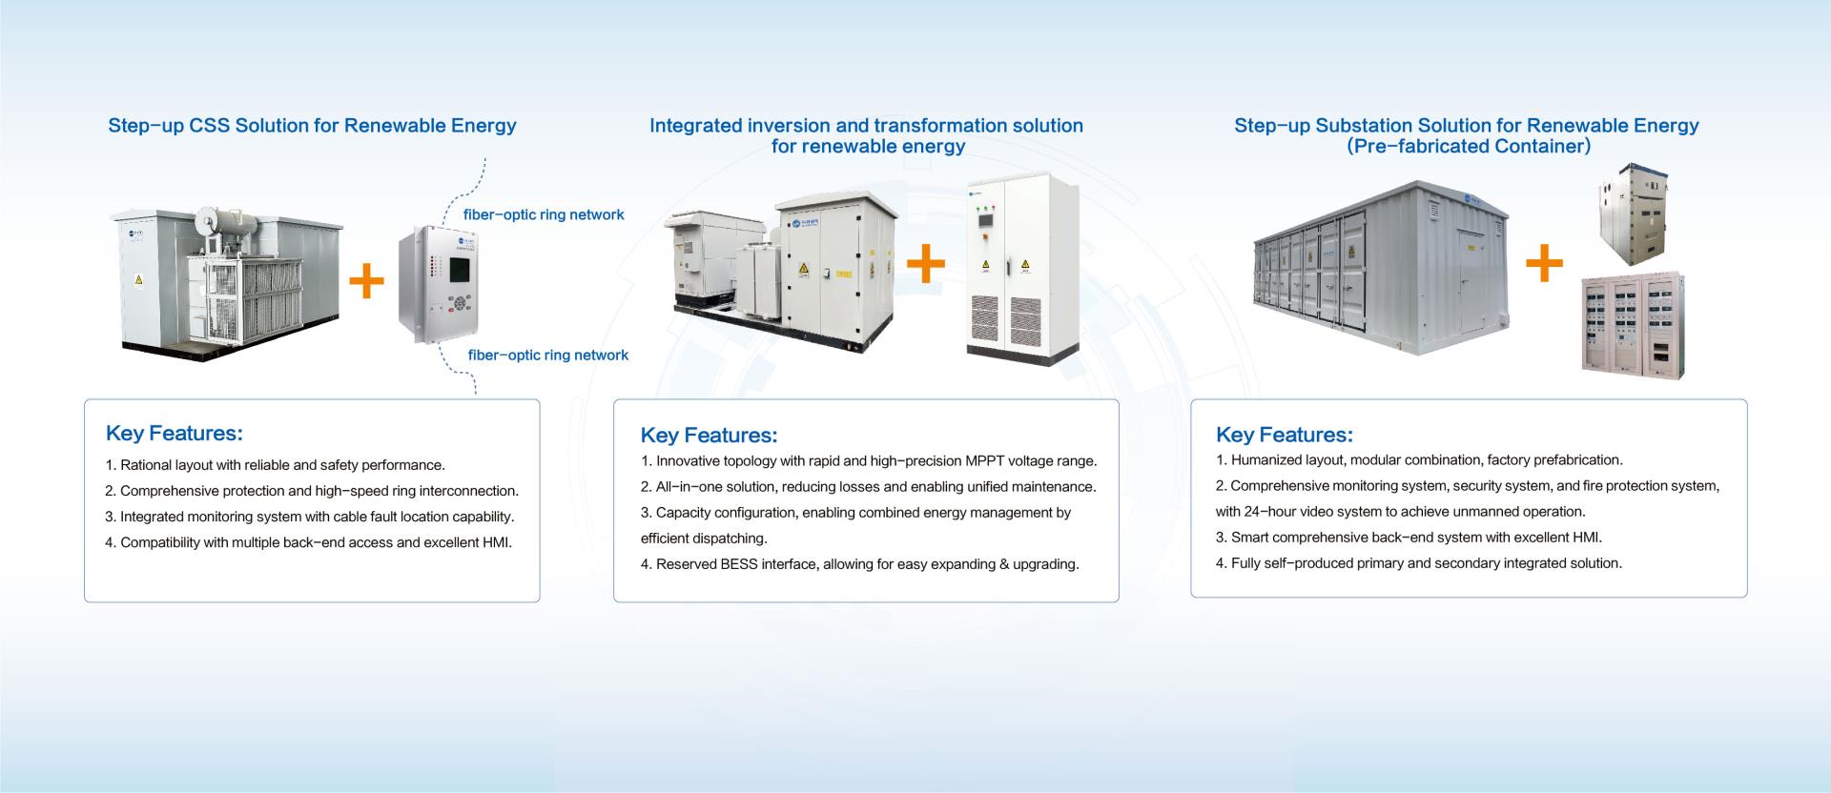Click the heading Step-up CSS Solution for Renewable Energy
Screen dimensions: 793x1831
point(312,126)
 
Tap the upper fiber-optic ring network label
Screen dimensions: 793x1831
point(544,215)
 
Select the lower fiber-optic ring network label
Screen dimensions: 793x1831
point(547,356)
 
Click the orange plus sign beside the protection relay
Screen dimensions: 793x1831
point(366,281)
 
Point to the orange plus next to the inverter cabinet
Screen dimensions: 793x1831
point(925,264)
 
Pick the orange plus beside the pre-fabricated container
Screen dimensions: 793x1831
point(1544,263)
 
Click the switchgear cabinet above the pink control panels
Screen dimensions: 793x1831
point(1634,217)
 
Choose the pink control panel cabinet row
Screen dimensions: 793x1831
point(1633,327)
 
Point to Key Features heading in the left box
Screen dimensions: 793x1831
point(175,434)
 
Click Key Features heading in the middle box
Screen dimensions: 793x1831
point(709,436)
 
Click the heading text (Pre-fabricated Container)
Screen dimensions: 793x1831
point(1468,147)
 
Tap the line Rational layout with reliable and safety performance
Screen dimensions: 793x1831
point(282,466)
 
